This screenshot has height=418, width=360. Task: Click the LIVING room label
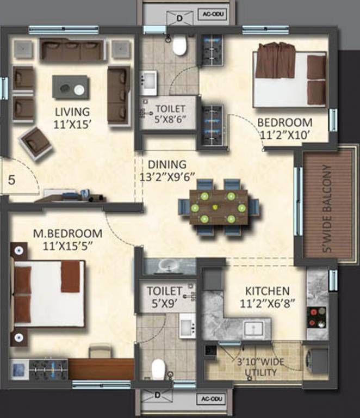[x=72, y=112]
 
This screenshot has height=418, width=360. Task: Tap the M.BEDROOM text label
[x=67, y=233]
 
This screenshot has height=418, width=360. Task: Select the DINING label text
[x=167, y=164]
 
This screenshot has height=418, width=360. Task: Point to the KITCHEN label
[x=267, y=291]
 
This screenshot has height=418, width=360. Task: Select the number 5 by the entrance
[x=12, y=180]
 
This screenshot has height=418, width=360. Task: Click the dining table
[x=218, y=207]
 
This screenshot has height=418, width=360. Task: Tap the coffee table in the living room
[x=71, y=87]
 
